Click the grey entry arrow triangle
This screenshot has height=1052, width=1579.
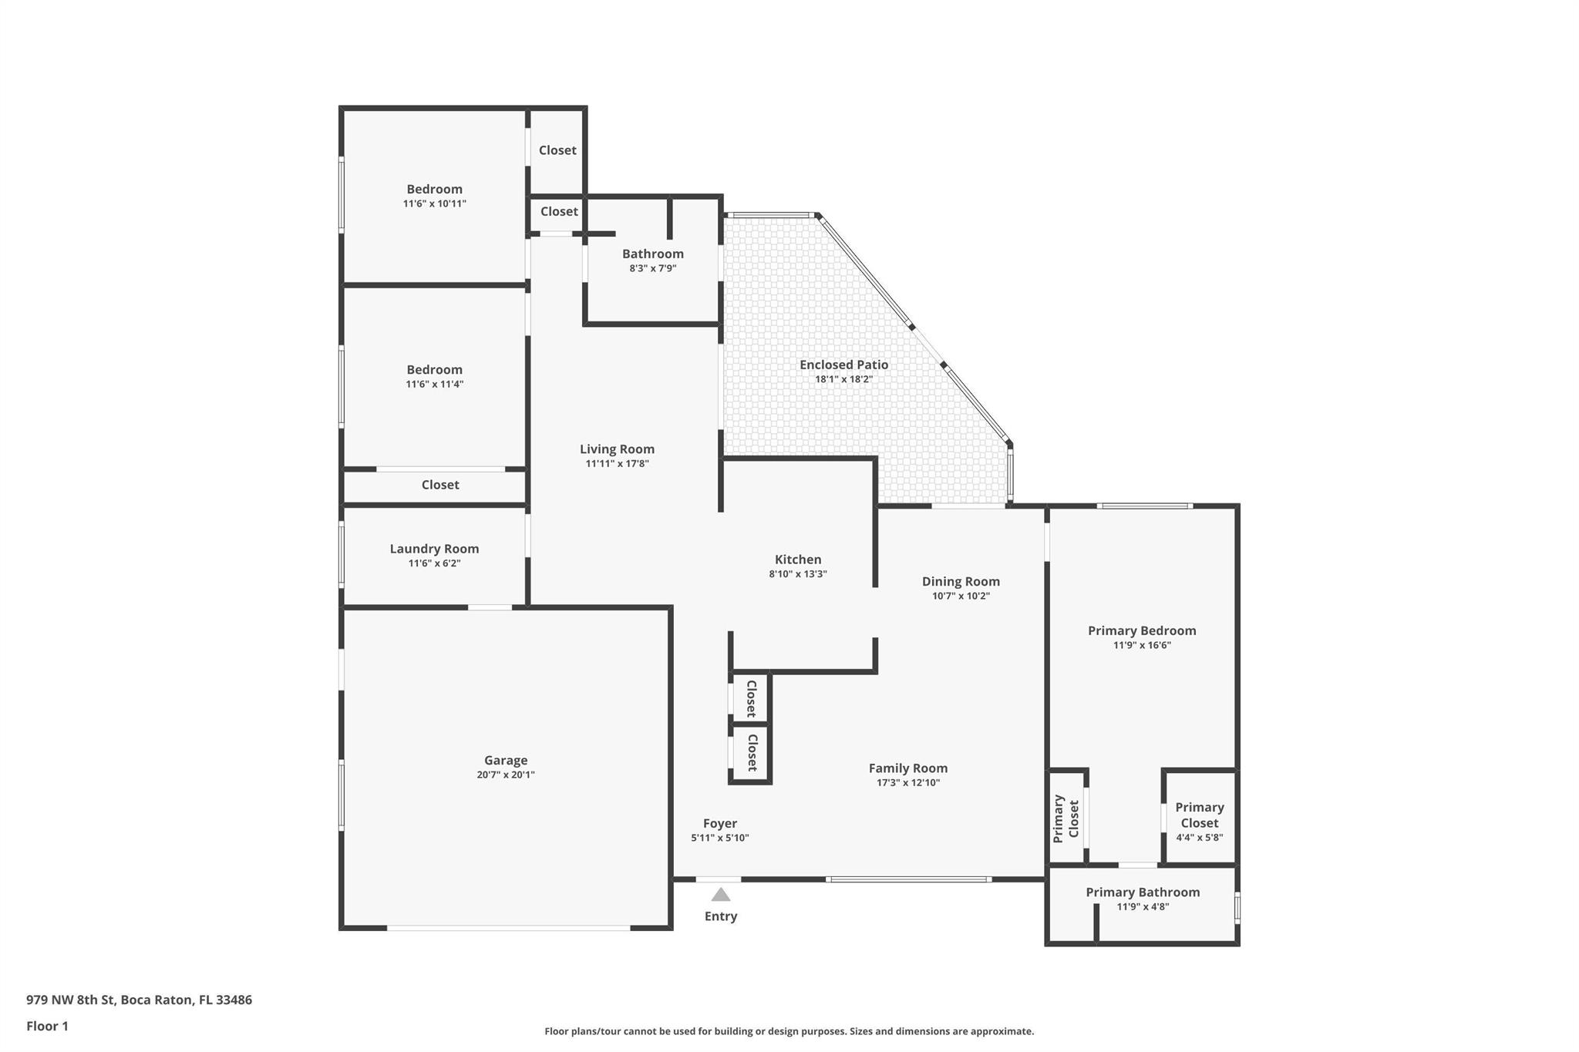[720, 894]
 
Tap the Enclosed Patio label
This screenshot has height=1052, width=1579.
[843, 365]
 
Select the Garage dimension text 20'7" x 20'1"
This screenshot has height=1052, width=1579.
[506, 775]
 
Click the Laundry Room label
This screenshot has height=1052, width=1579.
[434, 549]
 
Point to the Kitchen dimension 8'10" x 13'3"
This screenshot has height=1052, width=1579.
[798, 573]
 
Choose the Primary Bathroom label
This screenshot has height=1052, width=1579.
[1143, 892]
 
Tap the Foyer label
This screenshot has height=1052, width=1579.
[720, 823]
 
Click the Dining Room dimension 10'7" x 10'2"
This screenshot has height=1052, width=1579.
[961, 596]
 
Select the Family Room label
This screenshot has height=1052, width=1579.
[908, 768]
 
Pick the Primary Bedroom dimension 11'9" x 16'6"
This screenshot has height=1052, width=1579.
[1142, 645]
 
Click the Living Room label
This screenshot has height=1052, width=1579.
[617, 449]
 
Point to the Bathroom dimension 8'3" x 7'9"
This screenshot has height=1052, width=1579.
[653, 268]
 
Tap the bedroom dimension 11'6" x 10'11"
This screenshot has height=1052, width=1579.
[435, 203]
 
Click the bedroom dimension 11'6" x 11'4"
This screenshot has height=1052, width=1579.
[435, 384]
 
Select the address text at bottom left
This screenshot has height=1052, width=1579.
[139, 1000]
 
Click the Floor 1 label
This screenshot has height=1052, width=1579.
[47, 1026]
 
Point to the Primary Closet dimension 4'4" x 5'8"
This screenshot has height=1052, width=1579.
[1200, 837]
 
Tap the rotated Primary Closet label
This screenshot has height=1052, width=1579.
[1066, 818]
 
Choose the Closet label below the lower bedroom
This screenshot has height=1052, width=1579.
[440, 485]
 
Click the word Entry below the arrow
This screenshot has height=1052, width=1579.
[721, 916]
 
